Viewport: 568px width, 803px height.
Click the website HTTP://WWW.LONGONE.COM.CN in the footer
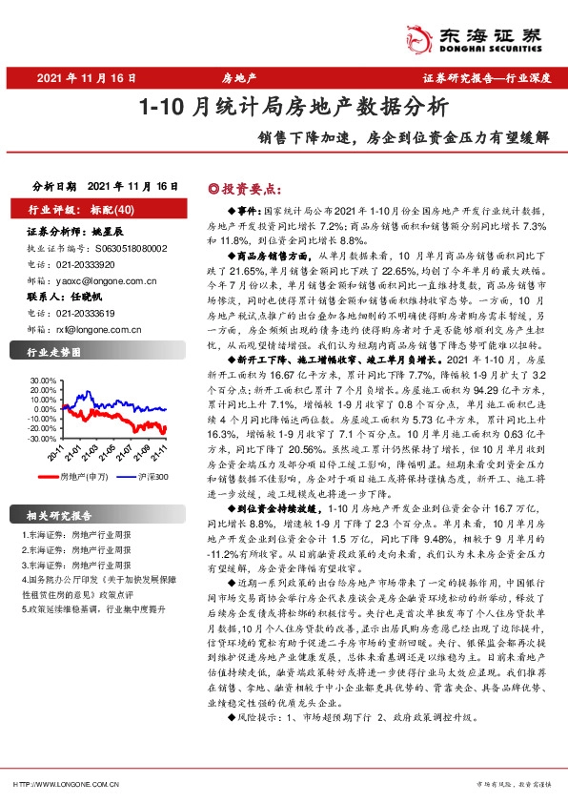[x=68, y=784]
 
